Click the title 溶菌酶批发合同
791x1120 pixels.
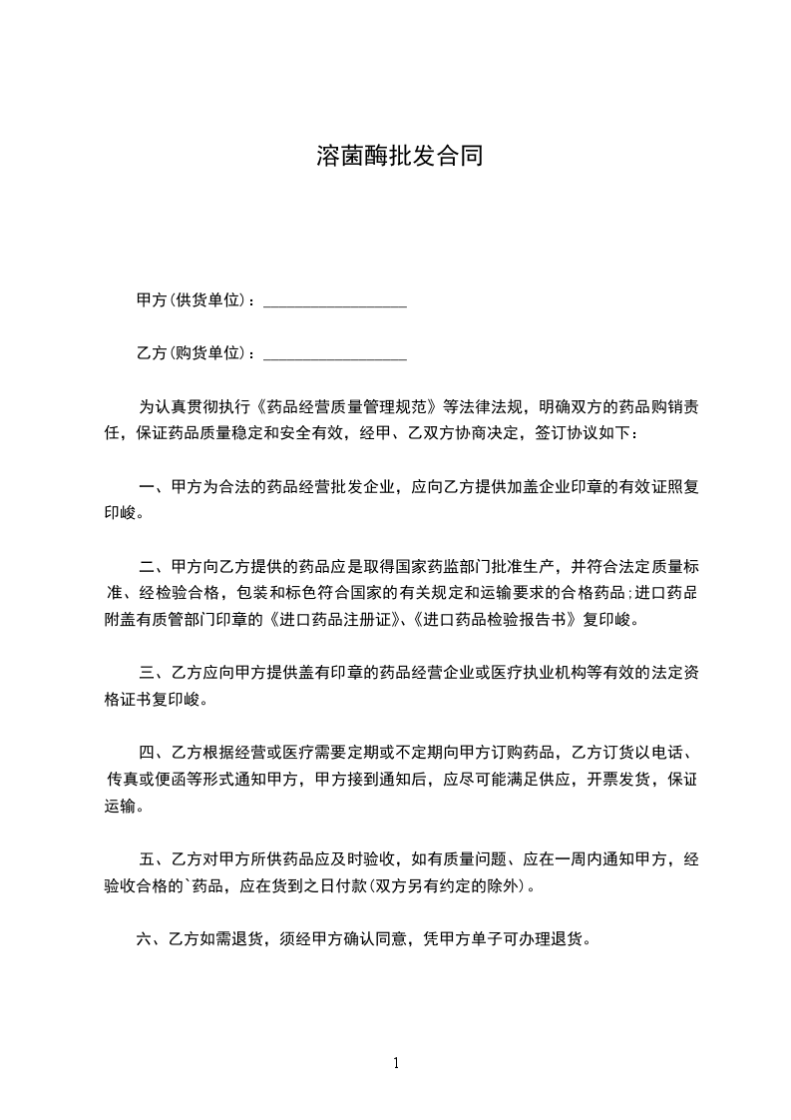point(399,156)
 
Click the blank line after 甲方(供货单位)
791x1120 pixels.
point(334,300)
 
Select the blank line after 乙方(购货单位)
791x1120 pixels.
point(334,353)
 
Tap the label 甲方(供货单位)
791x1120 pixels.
point(196,299)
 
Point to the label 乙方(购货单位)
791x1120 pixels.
point(196,352)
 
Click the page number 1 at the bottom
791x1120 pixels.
point(396,1063)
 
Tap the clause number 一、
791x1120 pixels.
point(153,488)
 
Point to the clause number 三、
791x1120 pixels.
point(153,672)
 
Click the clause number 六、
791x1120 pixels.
point(150,938)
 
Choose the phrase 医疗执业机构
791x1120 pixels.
point(559,672)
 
